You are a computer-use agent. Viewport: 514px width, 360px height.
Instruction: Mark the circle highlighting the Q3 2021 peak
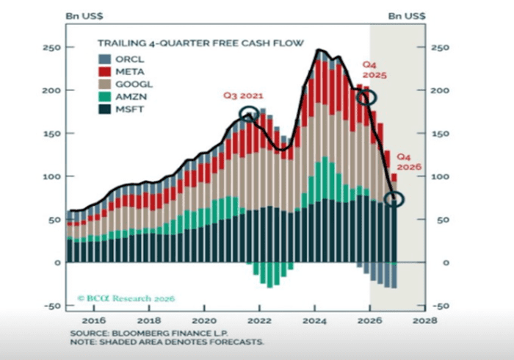click(x=250, y=114)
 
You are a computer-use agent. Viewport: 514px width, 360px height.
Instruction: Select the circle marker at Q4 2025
click(x=367, y=97)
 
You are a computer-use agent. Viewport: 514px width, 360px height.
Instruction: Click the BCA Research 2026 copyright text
click(x=126, y=298)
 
